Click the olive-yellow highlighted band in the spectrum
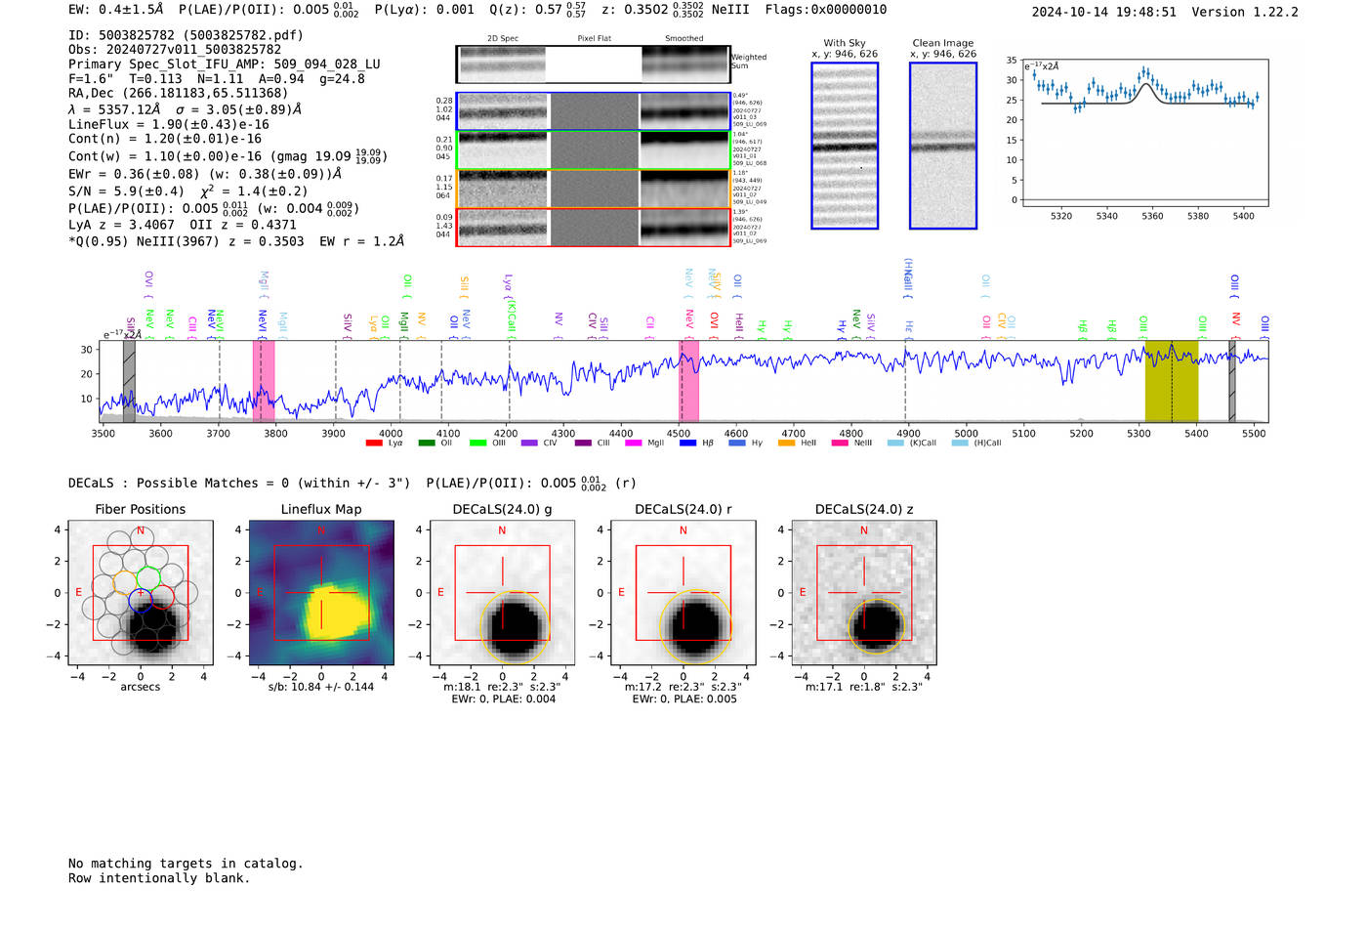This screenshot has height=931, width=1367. click(1171, 381)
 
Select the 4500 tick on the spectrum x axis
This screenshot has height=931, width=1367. click(679, 434)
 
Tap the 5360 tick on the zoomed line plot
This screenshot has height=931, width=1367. click(1152, 216)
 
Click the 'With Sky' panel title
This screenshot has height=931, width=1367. click(845, 43)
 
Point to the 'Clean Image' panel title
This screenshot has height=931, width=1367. click(942, 43)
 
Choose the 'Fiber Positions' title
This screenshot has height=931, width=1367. click(140, 509)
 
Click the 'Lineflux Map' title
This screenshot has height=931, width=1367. click(321, 509)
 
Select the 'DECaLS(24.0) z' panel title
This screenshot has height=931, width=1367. click(864, 509)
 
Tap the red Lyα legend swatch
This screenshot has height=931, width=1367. click(374, 444)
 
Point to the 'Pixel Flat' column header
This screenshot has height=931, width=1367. click(594, 39)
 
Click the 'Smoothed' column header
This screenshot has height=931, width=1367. click(683, 39)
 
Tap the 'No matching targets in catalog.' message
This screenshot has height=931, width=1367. click(186, 864)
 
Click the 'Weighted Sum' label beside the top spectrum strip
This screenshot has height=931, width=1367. click(749, 62)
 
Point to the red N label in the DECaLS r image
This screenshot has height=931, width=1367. click(683, 530)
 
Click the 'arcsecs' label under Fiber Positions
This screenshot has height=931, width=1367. click(140, 687)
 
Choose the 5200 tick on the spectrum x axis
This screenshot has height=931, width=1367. click(1081, 434)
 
